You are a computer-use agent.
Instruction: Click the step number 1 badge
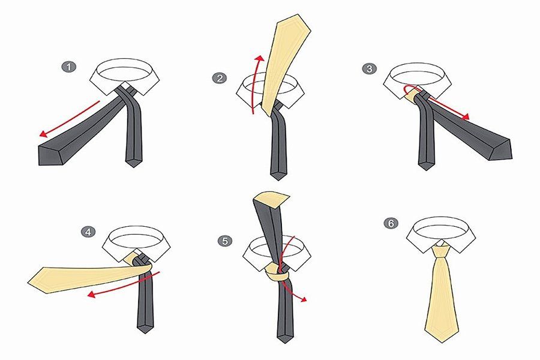tap(69, 67)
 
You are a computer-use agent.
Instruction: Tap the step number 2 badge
tap(220, 78)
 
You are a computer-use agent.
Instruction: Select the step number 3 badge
tap(369, 68)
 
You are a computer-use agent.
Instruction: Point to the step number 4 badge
tap(88, 232)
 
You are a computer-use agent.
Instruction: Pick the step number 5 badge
tap(225, 241)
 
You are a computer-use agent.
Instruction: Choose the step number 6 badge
tap(391, 223)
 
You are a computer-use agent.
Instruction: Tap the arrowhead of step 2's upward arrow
tap(261, 58)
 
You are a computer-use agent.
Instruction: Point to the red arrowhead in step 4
tap(91, 294)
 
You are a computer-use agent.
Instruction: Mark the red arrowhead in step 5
tap(303, 299)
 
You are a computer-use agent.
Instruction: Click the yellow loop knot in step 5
tap(277, 273)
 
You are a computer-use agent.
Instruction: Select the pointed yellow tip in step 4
tap(29, 283)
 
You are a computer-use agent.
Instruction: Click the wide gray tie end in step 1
tap(52, 155)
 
